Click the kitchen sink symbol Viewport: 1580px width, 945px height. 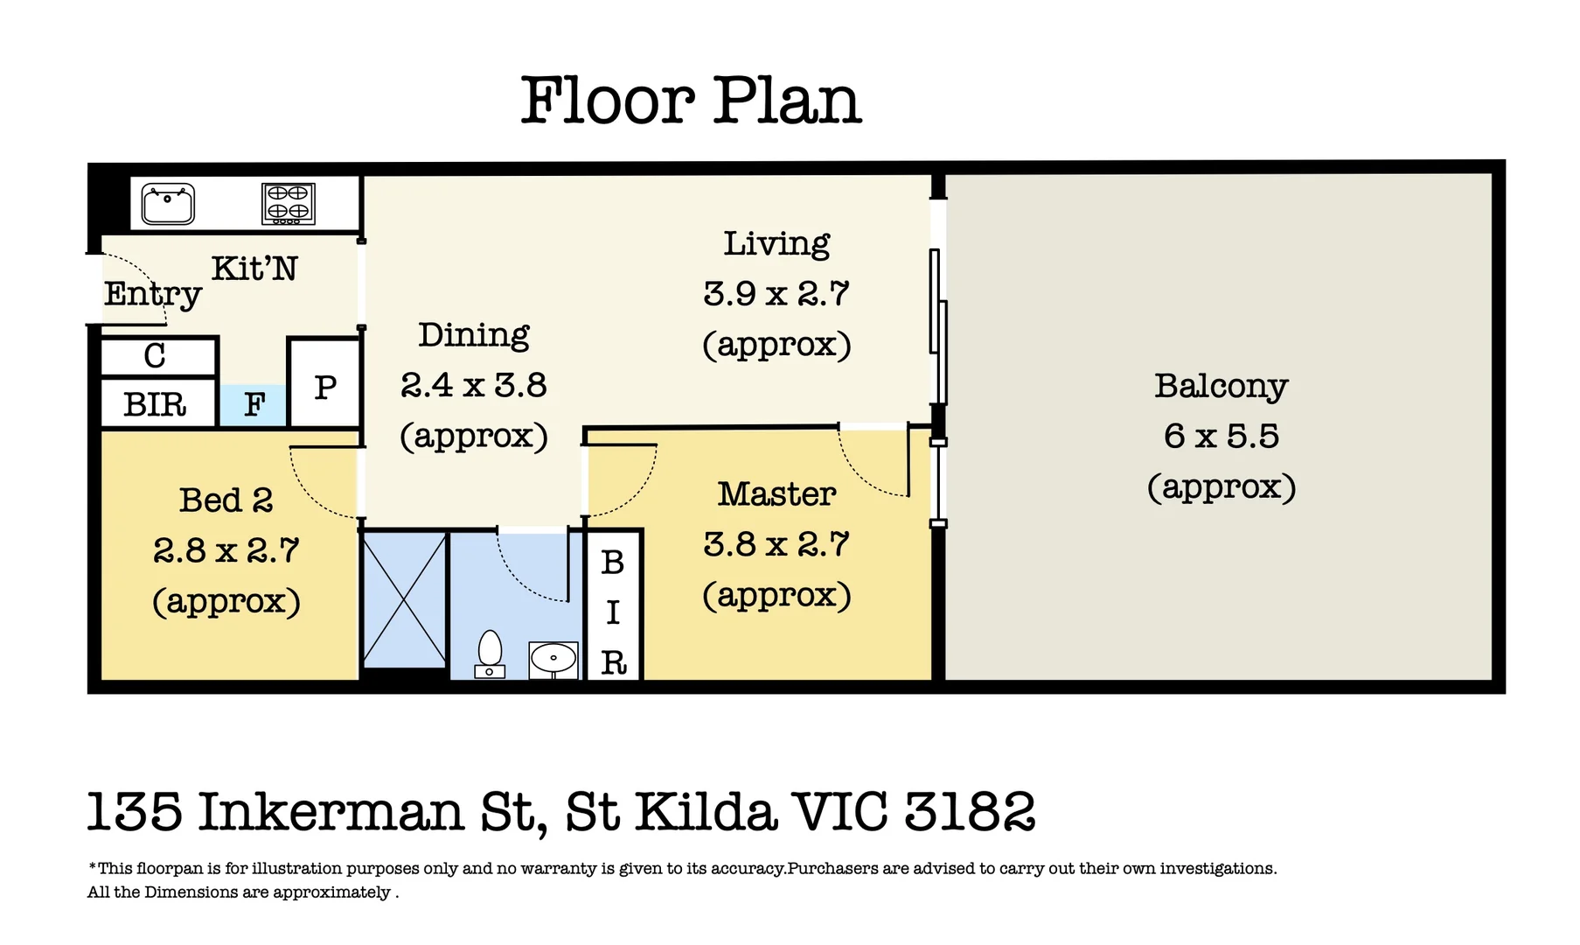point(168,205)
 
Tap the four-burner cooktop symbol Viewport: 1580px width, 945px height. point(289,204)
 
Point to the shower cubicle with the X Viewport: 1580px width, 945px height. point(404,600)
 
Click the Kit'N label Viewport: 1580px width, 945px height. point(254,269)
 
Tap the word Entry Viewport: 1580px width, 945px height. point(153,295)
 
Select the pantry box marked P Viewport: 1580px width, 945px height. point(324,382)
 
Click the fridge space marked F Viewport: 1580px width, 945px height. point(254,405)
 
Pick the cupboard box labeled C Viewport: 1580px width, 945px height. point(158,356)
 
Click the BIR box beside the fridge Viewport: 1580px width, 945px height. point(158,403)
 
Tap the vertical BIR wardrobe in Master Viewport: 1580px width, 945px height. point(613,605)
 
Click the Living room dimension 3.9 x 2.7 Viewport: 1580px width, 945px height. point(776,294)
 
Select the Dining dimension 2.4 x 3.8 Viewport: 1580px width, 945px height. point(474,385)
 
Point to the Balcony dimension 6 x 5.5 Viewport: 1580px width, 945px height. point(1222,436)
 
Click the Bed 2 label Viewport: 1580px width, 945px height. point(226,500)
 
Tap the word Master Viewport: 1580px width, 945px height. point(777,494)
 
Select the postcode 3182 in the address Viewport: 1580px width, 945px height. point(970,811)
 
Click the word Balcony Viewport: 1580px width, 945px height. point(1222,387)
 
